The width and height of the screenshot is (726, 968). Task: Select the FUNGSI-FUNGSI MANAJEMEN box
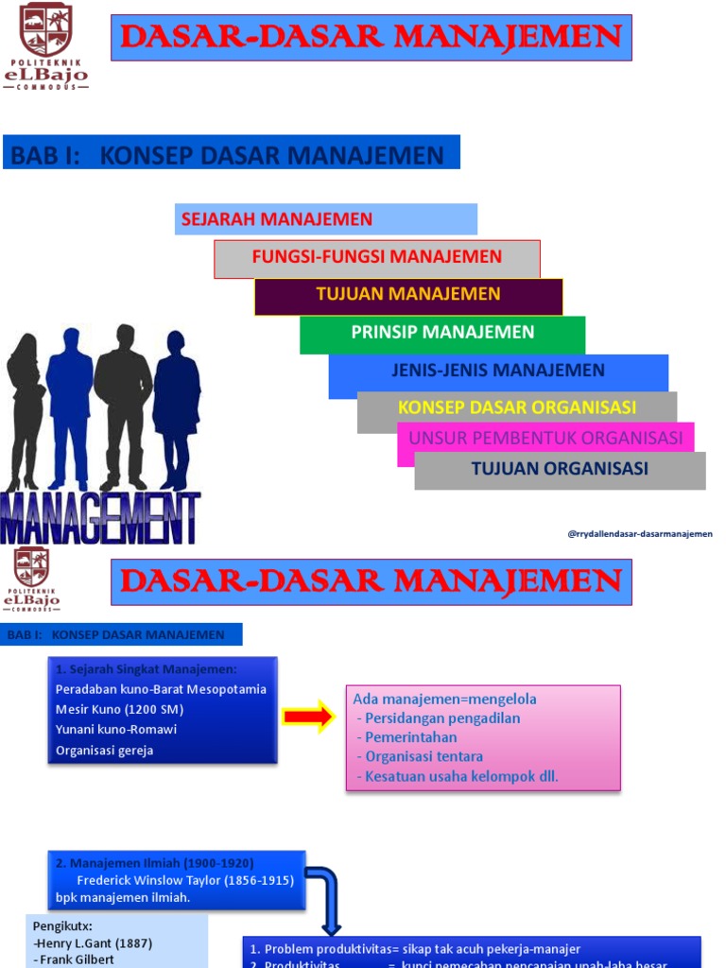(376, 257)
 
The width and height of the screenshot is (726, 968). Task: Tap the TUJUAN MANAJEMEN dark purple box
(407, 295)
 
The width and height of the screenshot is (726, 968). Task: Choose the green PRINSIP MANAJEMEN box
(442, 333)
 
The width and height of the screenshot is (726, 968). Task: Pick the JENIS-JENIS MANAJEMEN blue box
(497, 371)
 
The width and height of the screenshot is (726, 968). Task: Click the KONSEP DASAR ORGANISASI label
(516, 407)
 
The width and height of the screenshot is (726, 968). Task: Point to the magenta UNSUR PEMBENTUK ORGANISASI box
(545, 439)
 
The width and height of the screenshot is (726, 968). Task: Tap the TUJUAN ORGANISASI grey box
(560, 469)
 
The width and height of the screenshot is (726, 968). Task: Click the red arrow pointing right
(310, 717)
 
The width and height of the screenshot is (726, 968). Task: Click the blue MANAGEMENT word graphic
(99, 517)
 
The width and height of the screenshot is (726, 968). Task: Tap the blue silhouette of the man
(70, 406)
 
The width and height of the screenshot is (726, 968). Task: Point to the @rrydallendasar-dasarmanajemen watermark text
(640, 534)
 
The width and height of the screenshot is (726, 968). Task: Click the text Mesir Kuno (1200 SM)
(119, 709)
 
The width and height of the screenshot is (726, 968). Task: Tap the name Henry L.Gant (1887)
(93, 943)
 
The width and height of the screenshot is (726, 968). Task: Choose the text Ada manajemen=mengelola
(444, 700)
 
